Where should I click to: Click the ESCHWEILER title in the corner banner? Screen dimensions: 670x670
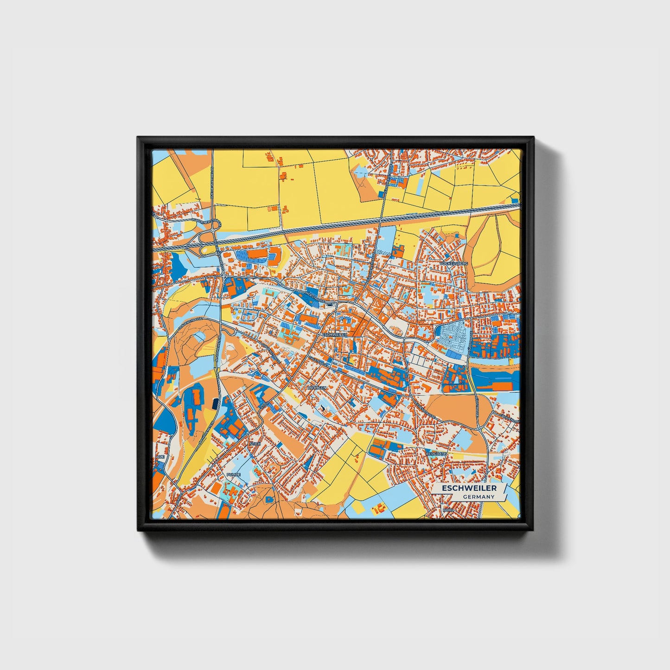(x=469, y=488)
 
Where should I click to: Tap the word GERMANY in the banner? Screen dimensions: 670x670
(x=479, y=497)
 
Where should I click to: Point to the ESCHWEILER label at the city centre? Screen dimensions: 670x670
(x=334, y=334)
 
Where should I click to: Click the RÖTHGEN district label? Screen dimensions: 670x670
(x=317, y=387)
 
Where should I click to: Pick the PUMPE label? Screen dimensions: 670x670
(x=234, y=475)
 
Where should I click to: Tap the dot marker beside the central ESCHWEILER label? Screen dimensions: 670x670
(x=319, y=334)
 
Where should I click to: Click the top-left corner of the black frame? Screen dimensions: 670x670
(x=138, y=138)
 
